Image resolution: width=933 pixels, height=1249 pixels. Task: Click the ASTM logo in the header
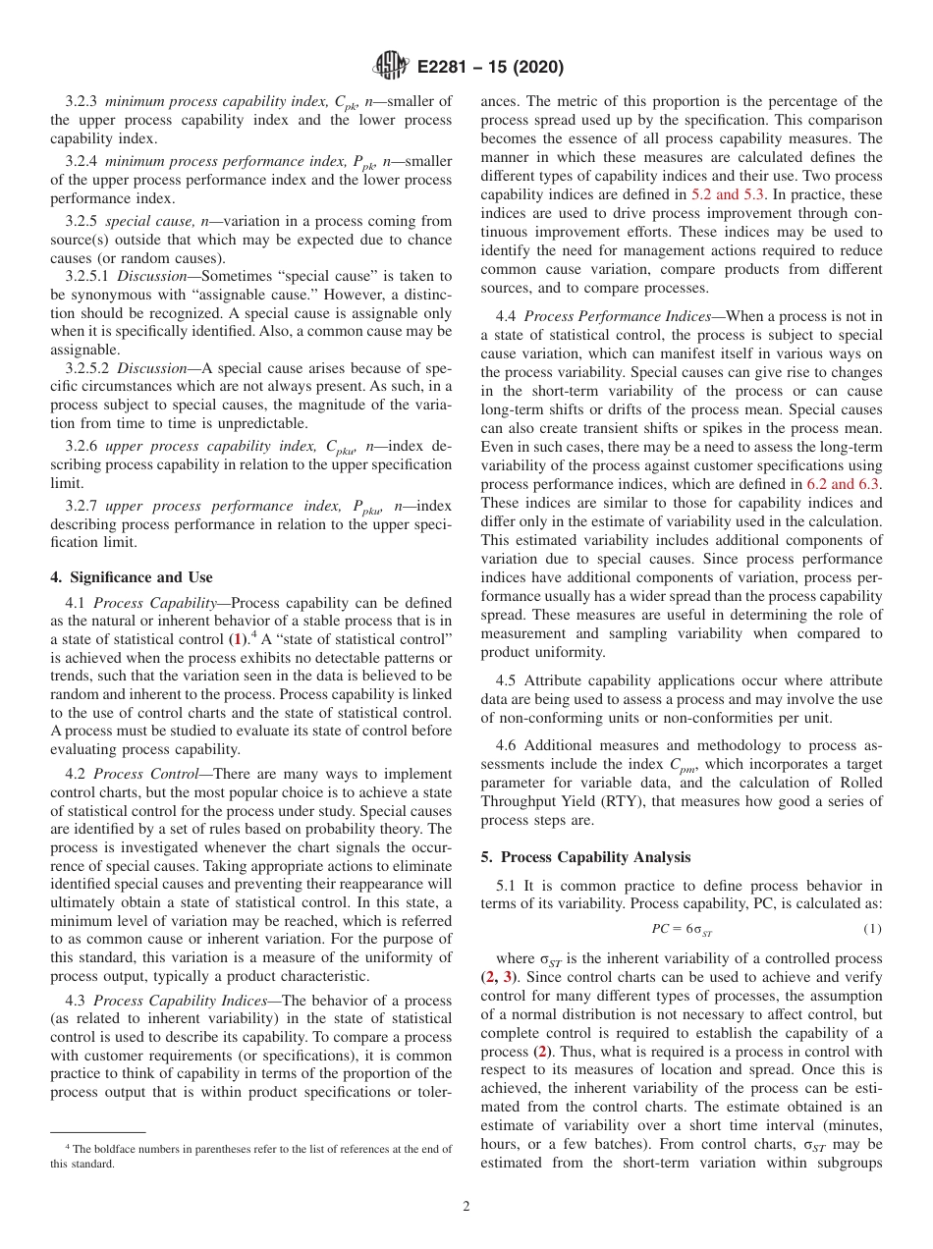[x=390, y=68]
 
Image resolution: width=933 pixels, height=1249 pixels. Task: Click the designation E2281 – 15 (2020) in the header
[x=488, y=68]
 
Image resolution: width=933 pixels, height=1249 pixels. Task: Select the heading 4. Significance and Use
[x=132, y=576]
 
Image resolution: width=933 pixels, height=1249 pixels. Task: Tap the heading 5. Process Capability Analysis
[x=585, y=857]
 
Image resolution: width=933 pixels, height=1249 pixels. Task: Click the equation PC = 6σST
[x=681, y=929]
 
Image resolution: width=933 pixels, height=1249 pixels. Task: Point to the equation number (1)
[x=872, y=929]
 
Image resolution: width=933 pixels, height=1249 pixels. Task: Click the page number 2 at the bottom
[x=466, y=1207]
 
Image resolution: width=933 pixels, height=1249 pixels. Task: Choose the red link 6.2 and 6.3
[x=843, y=483]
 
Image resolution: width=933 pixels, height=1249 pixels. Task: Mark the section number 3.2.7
[x=82, y=506]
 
